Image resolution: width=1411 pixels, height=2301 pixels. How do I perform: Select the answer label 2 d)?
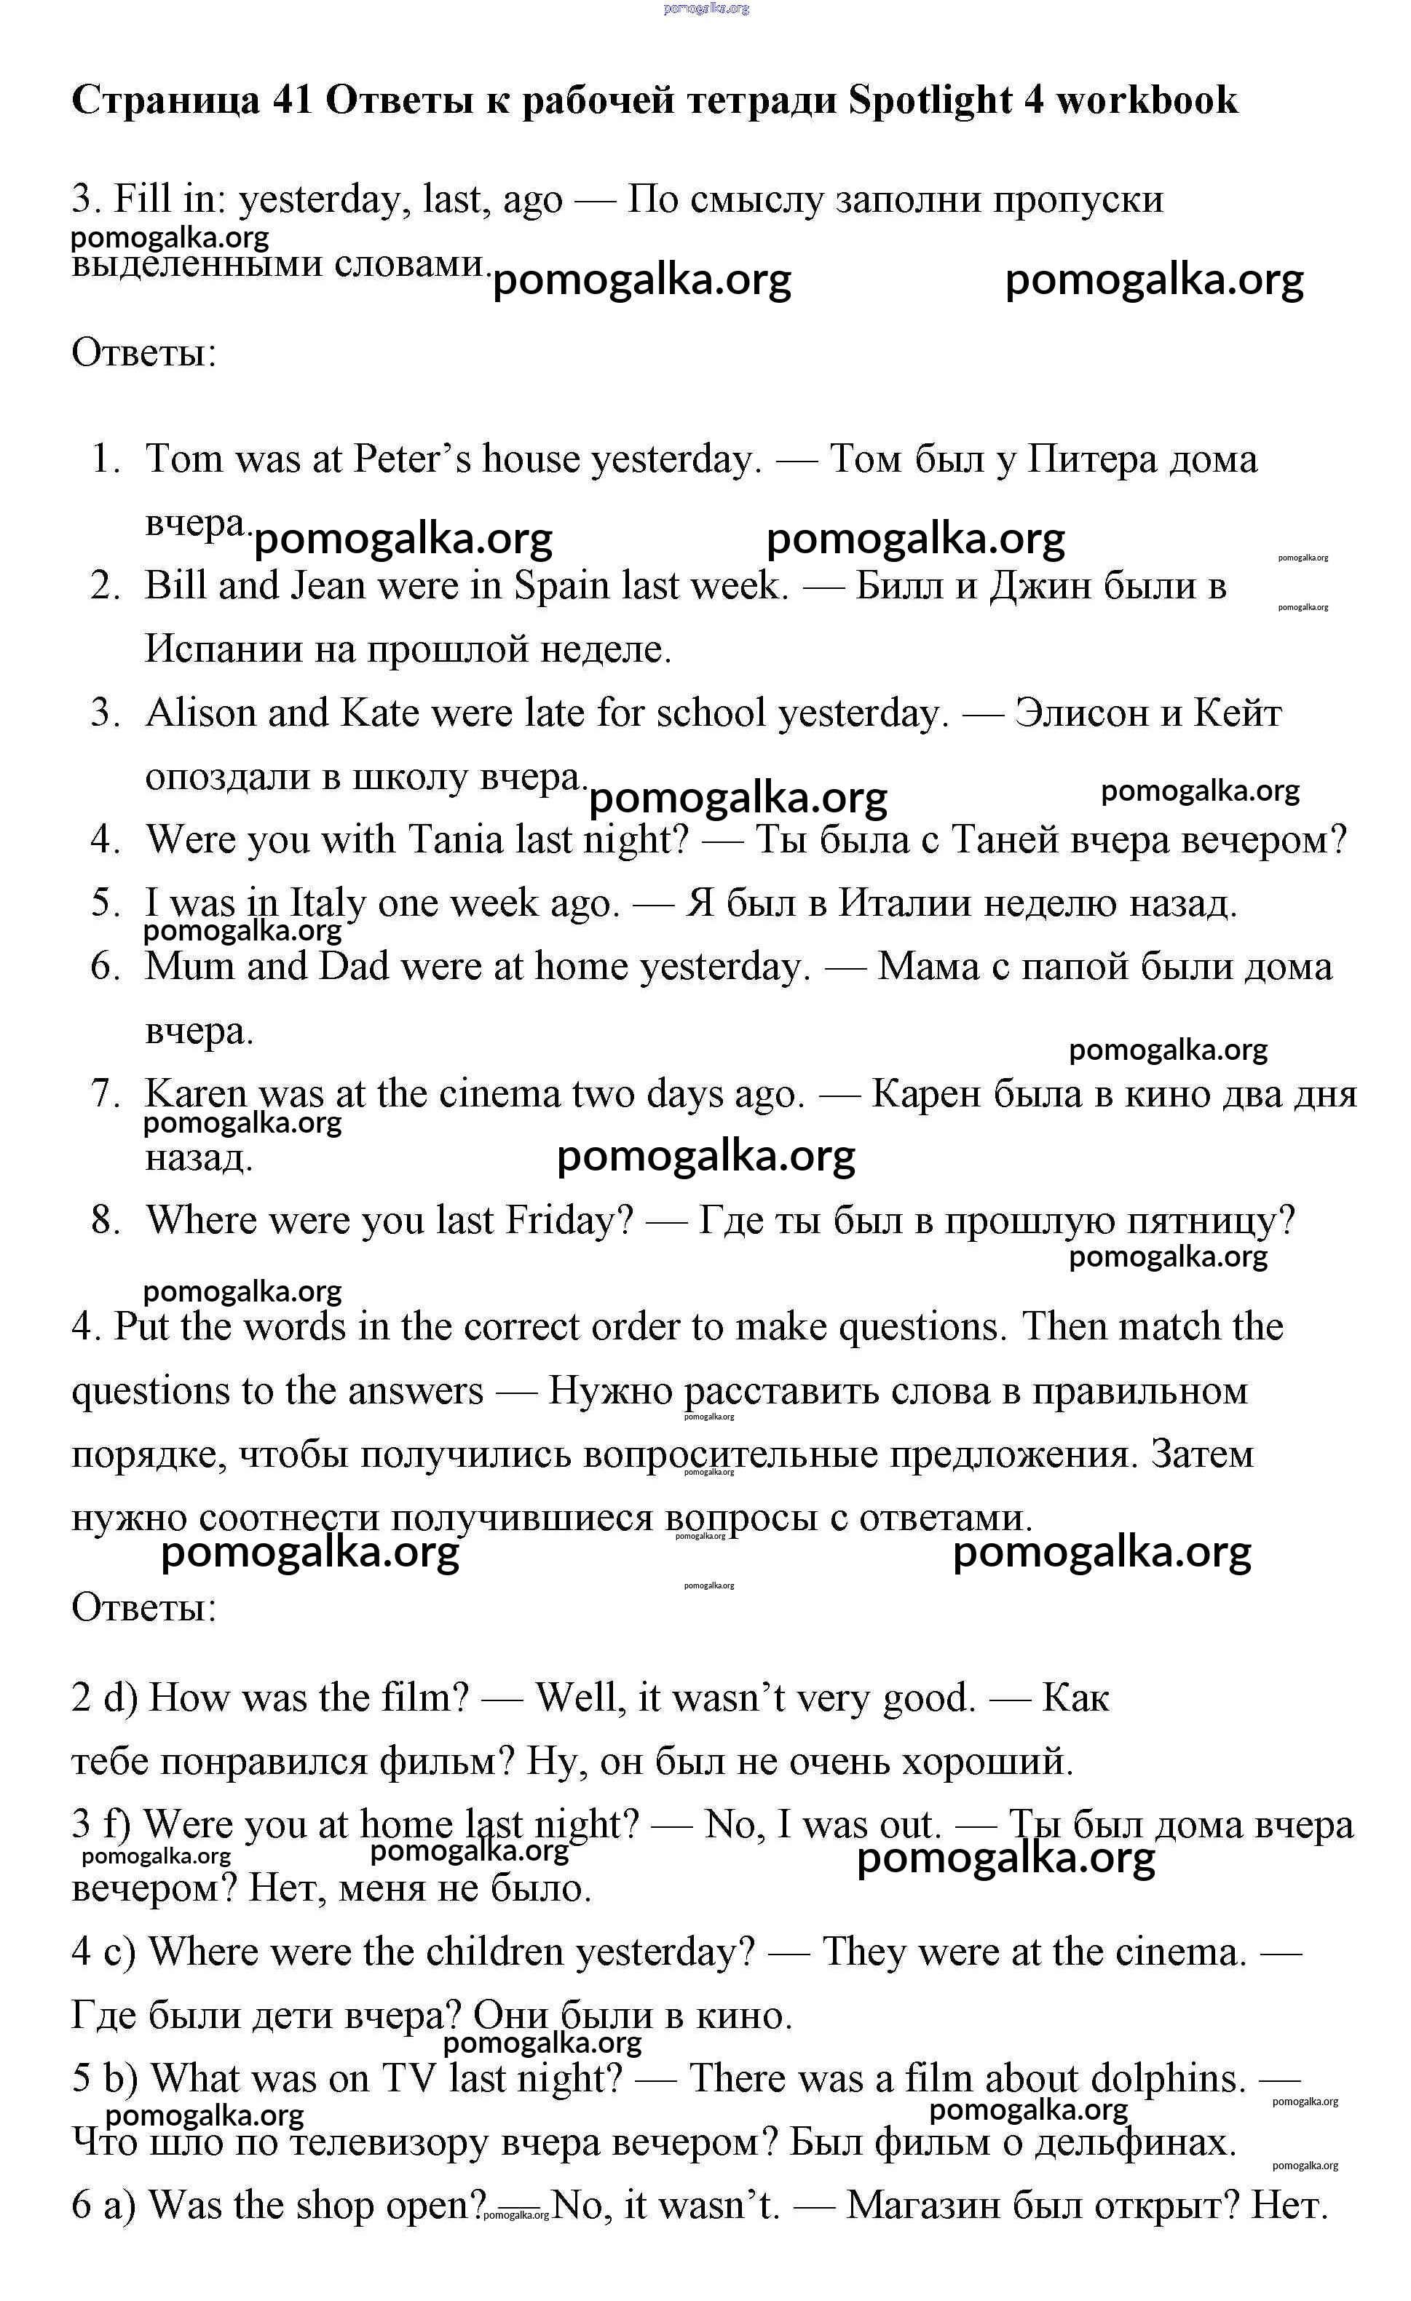coord(103,1698)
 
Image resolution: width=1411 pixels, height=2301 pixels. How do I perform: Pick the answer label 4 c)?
coord(103,1952)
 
